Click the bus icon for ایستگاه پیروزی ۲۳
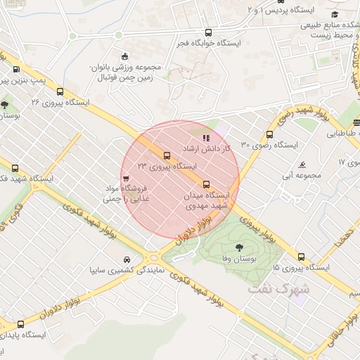[x=167, y=155]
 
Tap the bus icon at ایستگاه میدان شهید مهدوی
[x=206, y=184]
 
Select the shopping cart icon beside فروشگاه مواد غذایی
[x=126, y=179]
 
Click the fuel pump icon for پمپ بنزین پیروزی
[x=15, y=69]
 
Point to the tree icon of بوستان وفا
[x=240, y=247]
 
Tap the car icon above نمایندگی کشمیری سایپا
[x=127, y=259]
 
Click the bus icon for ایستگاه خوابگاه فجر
[x=207, y=32]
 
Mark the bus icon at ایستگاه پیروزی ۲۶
[x=60, y=91]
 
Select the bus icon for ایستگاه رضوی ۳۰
[x=269, y=135]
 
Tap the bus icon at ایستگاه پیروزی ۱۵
[x=302, y=257]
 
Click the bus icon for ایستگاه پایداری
[x=20, y=325]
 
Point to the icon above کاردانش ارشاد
[x=206, y=139]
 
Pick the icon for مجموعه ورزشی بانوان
[x=125, y=56]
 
